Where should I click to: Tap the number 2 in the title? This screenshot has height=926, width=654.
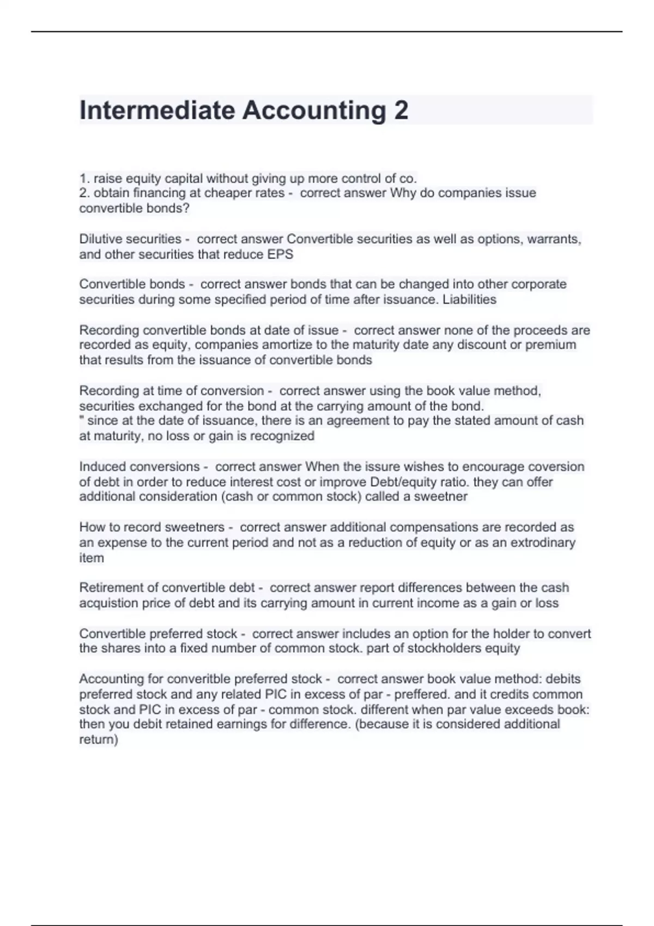click(401, 111)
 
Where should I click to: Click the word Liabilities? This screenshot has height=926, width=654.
click(469, 300)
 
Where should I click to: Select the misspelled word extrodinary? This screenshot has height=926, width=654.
click(543, 543)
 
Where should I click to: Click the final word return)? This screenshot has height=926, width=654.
click(99, 740)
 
